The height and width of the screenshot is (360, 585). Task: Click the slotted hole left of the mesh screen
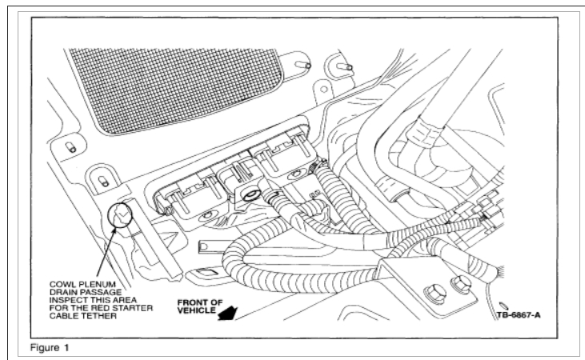(70, 146)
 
